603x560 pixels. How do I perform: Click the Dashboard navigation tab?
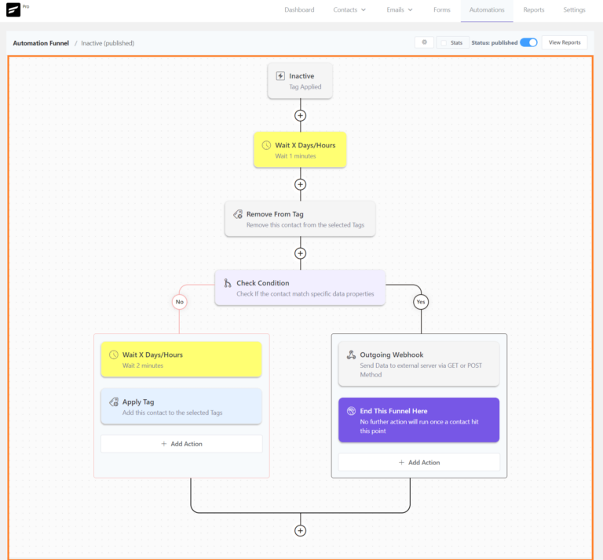[x=299, y=10]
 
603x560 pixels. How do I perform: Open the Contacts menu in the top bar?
[x=349, y=10]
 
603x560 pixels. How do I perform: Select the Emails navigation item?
[x=400, y=10]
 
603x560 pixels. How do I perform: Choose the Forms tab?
[x=442, y=10]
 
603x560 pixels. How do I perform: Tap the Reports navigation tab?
[x=534, y=10]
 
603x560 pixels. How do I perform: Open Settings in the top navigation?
[x=574, y=10]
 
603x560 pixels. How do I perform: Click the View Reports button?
[x=565, y=42]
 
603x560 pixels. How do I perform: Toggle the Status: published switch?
[x=528, y=42]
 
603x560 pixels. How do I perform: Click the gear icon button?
[x=424, y=42]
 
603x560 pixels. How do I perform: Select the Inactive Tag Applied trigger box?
[x=300, y=81]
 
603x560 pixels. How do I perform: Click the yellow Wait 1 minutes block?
[x=300, y=150]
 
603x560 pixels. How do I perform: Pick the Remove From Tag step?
[x=300, y=219]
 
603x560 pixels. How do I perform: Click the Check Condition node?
[x=300, y=288]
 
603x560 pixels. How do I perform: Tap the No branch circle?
[x=180, y=301]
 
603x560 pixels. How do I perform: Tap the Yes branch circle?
[x=421, y=301]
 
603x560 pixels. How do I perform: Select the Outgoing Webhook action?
[x=418, y=364]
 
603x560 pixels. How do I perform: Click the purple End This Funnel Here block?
[x=418, y=420]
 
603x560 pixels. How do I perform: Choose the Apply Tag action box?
[x=181, y=406]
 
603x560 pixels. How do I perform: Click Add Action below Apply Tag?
[x=181, y=444]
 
